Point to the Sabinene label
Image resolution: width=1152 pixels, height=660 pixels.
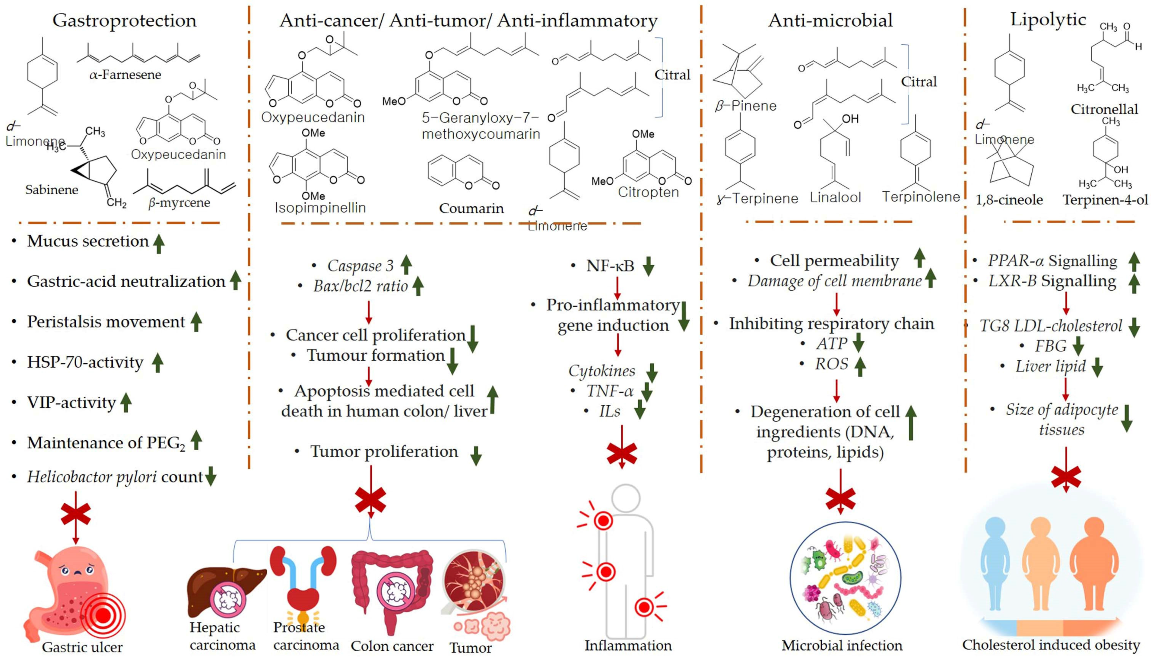pos(52,190)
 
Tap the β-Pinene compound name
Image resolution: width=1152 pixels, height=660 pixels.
pos(746,106)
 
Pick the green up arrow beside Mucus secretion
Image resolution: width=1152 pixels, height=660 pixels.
pos(159,244)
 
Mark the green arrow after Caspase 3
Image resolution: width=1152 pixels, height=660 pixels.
pos(406,265)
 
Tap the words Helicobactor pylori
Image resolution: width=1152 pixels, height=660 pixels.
pos(92,477)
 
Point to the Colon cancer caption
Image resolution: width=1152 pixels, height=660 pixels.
pos(392,646)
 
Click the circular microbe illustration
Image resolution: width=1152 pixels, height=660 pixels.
pos(845,578)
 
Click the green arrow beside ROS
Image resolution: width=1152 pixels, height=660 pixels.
pos(860,366)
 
